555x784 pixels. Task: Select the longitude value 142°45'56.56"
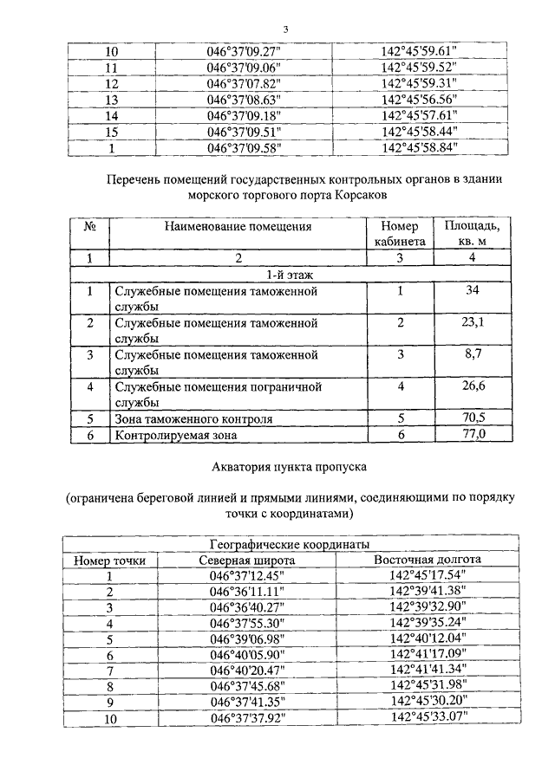[x=419, y=99]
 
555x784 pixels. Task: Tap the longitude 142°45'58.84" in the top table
[x=419, y=147]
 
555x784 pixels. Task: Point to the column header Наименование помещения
[x=236, y=227]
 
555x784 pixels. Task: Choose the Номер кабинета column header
[x=400, y=235]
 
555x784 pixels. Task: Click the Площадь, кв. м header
[x=473, y=235]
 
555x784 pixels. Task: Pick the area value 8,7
[x=473, y=354]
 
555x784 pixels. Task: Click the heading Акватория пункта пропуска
[x=290, y=467]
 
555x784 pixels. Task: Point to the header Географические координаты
[x=291, y=544]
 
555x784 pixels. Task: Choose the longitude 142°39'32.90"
[x=428, y=606]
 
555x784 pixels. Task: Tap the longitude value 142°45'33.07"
[x=428, y=717]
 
